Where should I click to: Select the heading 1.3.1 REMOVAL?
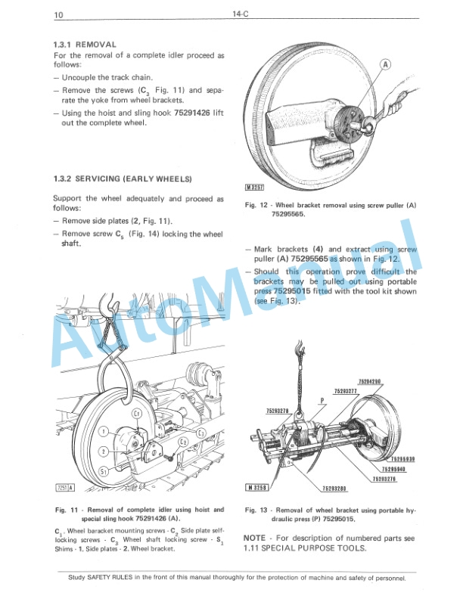click(x=85, y=45)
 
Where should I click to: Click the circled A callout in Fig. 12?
click(x=384, y=65)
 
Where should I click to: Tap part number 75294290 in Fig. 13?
click(x=368, y=381)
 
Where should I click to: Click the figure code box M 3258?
click(x=258, y=487)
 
